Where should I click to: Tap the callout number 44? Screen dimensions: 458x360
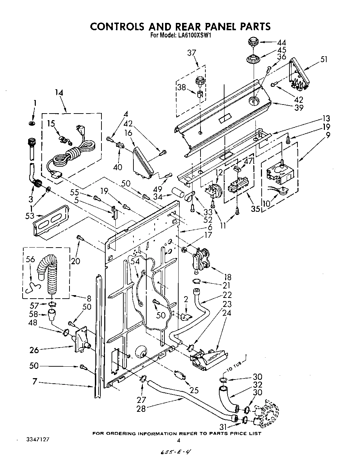click(281, 43)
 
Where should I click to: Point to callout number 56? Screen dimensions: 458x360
click(31, 260)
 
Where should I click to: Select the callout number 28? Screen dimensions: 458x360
click(141, 408)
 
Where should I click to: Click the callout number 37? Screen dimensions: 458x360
click(191, 53)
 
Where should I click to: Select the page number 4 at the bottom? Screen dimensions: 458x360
click(179, 440)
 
